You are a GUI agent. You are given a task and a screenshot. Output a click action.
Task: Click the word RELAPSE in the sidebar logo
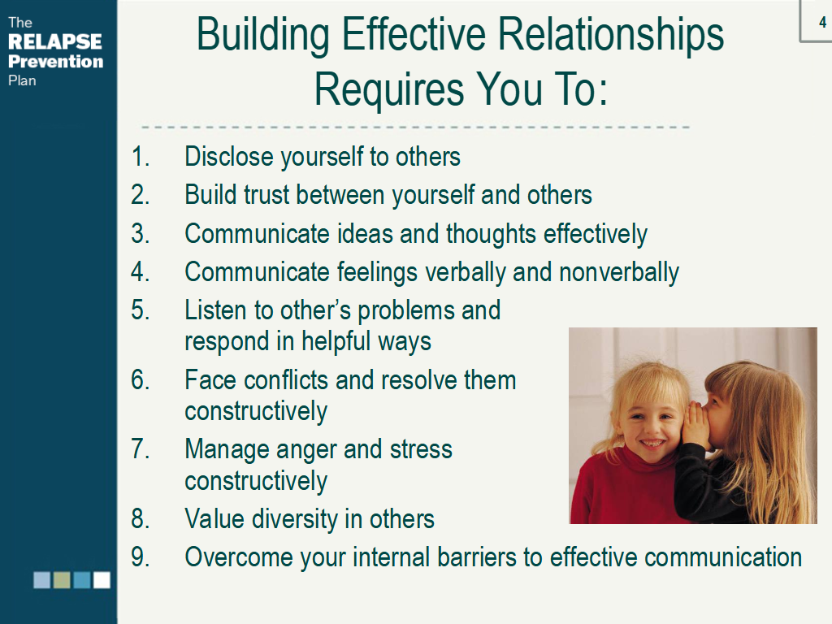point(55,41)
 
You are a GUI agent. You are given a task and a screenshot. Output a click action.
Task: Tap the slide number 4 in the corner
point(822,22)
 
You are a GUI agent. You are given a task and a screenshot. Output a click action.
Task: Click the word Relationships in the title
point(611,34)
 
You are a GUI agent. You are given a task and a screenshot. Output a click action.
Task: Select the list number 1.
point(140,157)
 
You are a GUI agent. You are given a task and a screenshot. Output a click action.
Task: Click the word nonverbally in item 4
point(618,272)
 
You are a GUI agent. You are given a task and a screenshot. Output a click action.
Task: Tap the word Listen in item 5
point(215,310)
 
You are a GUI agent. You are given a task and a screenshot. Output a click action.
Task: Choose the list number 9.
point(140,557)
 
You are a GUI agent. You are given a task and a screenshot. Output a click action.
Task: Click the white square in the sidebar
point(102,580)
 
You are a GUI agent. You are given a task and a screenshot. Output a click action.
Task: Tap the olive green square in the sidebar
point(62,580)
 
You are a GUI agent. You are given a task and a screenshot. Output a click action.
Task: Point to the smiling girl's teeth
point(652,443)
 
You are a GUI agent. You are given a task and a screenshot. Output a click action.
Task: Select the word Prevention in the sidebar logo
point(56,62)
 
